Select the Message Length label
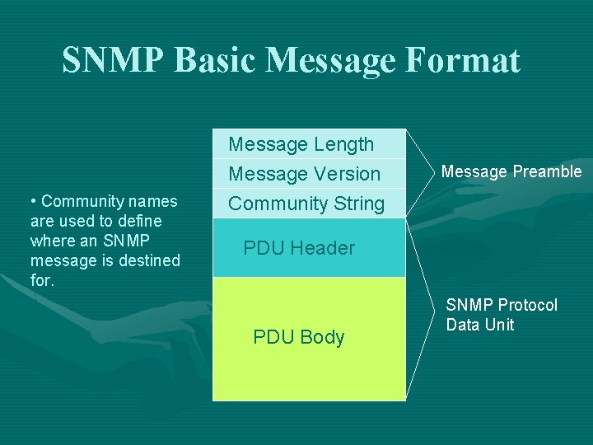click(x=301, y=144)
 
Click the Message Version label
click(x=304, y=174)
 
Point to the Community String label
click(x=306, y=204)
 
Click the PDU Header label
click(x=299, y=248)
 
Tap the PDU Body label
click(x=298, y=337)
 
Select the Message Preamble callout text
click(x=511, y=171)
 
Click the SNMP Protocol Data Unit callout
click(x=502, y=315)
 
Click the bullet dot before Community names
click(x=32, y=202)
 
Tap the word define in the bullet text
click(x=141, y=221)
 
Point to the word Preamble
click(x=548, y=171)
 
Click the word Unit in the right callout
click(x=499, y=325)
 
